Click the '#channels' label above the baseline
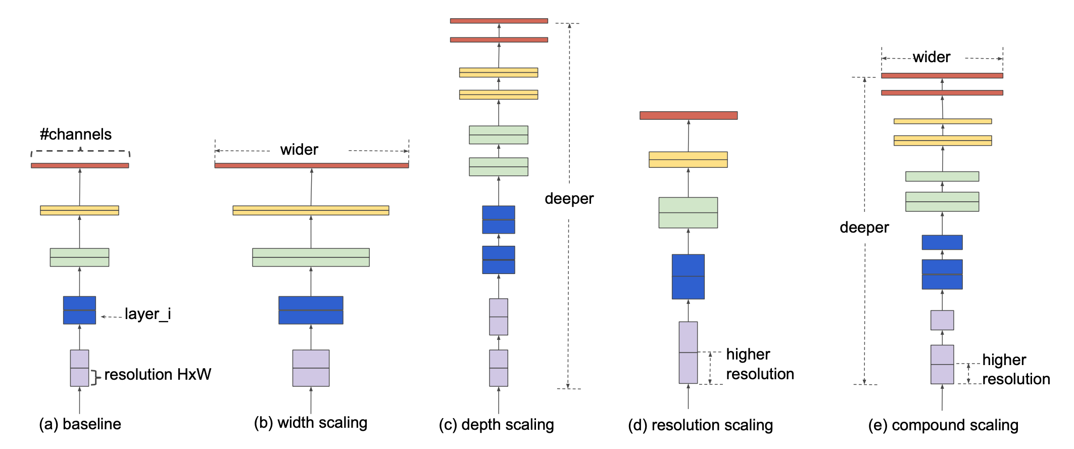[76, 134]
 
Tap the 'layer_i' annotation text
[148, 314]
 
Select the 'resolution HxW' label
[157, 375]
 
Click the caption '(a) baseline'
[80, 424]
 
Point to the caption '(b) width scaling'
[311, 423]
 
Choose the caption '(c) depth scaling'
[497, 425]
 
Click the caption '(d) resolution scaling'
[701, 425]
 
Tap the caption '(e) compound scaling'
[943, 425]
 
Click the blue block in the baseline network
[79, 310]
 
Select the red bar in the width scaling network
[312, 165]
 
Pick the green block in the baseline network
[79, 257]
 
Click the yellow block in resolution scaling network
[688, 159]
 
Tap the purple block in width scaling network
[311, 368]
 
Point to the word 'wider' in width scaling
[299, 150]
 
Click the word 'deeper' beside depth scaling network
[569, 199]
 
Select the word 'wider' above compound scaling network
[932, 57]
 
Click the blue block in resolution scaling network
[688, 277]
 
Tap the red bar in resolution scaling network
[689, 115]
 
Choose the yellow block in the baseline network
[79, 210]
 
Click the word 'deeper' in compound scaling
[864, 228]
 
